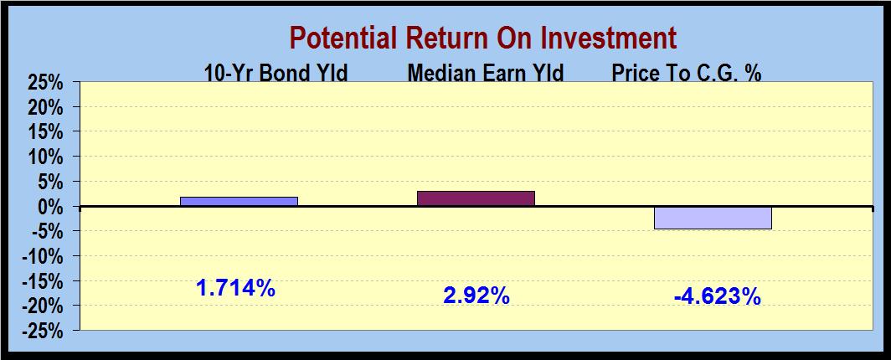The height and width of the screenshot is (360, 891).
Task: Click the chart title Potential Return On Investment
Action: click(483, 39)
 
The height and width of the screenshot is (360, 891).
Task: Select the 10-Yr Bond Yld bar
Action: click(239, 202)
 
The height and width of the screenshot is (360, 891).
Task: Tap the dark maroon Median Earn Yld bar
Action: click(476, 198)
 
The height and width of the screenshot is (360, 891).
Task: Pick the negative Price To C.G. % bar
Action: click(713, 218)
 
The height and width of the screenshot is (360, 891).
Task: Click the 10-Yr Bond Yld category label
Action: click(276, 73)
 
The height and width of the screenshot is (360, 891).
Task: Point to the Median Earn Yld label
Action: click(486, 73)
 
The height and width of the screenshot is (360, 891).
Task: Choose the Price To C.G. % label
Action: click(687, 73)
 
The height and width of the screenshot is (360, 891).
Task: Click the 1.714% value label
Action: click(236, 289)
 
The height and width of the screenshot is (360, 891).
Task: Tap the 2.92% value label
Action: click(476, 296)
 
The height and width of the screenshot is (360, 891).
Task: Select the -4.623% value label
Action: click(717, 296)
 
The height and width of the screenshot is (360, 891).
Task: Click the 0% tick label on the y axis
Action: click(49, 207)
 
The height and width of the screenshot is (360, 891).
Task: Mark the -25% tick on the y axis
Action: click(41, 331)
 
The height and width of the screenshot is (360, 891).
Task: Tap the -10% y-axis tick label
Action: click(41, 256)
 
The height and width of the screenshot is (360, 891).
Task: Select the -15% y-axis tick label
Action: click(41, 281)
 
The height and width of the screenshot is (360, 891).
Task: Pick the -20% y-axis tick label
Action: click(41, 306)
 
